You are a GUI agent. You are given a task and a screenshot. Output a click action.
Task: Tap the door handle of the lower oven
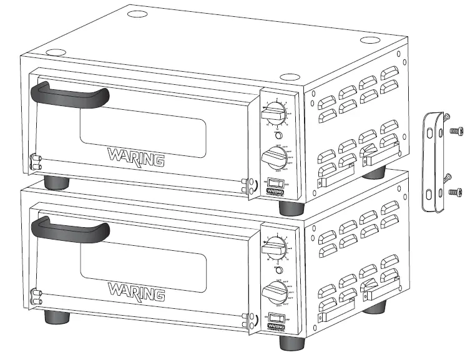(69, 228)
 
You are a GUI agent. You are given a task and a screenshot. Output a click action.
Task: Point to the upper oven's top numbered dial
(275, 113)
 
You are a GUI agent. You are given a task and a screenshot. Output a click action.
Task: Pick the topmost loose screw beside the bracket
(450, 119)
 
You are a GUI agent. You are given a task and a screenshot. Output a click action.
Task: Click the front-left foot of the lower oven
(56, 316)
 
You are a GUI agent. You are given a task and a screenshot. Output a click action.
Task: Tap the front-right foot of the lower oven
(292, 343)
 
